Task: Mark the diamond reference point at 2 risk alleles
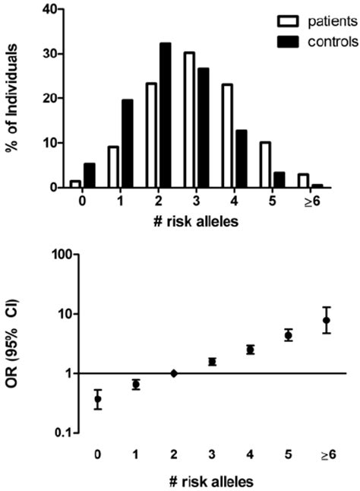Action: point(174,373)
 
